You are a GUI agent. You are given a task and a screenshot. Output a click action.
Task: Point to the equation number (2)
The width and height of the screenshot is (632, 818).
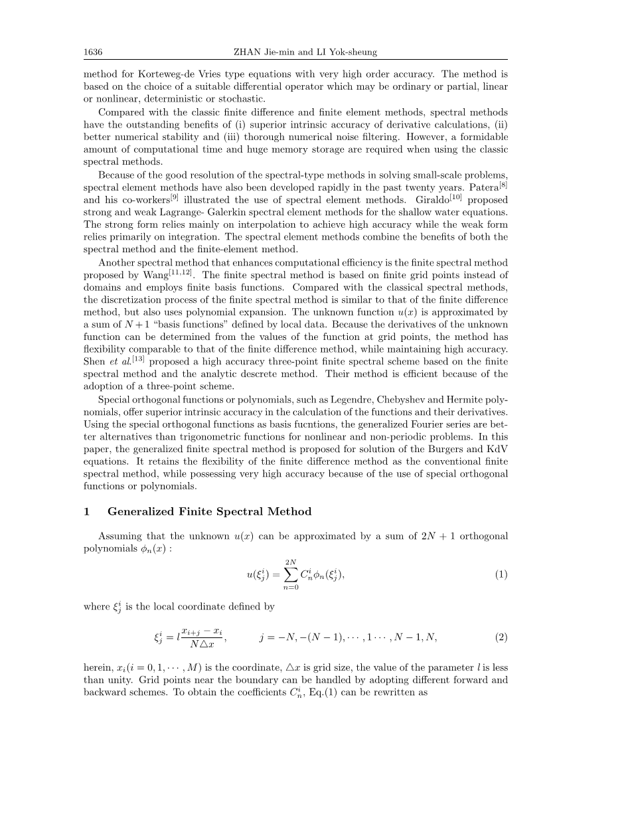[x=501, y=637]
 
